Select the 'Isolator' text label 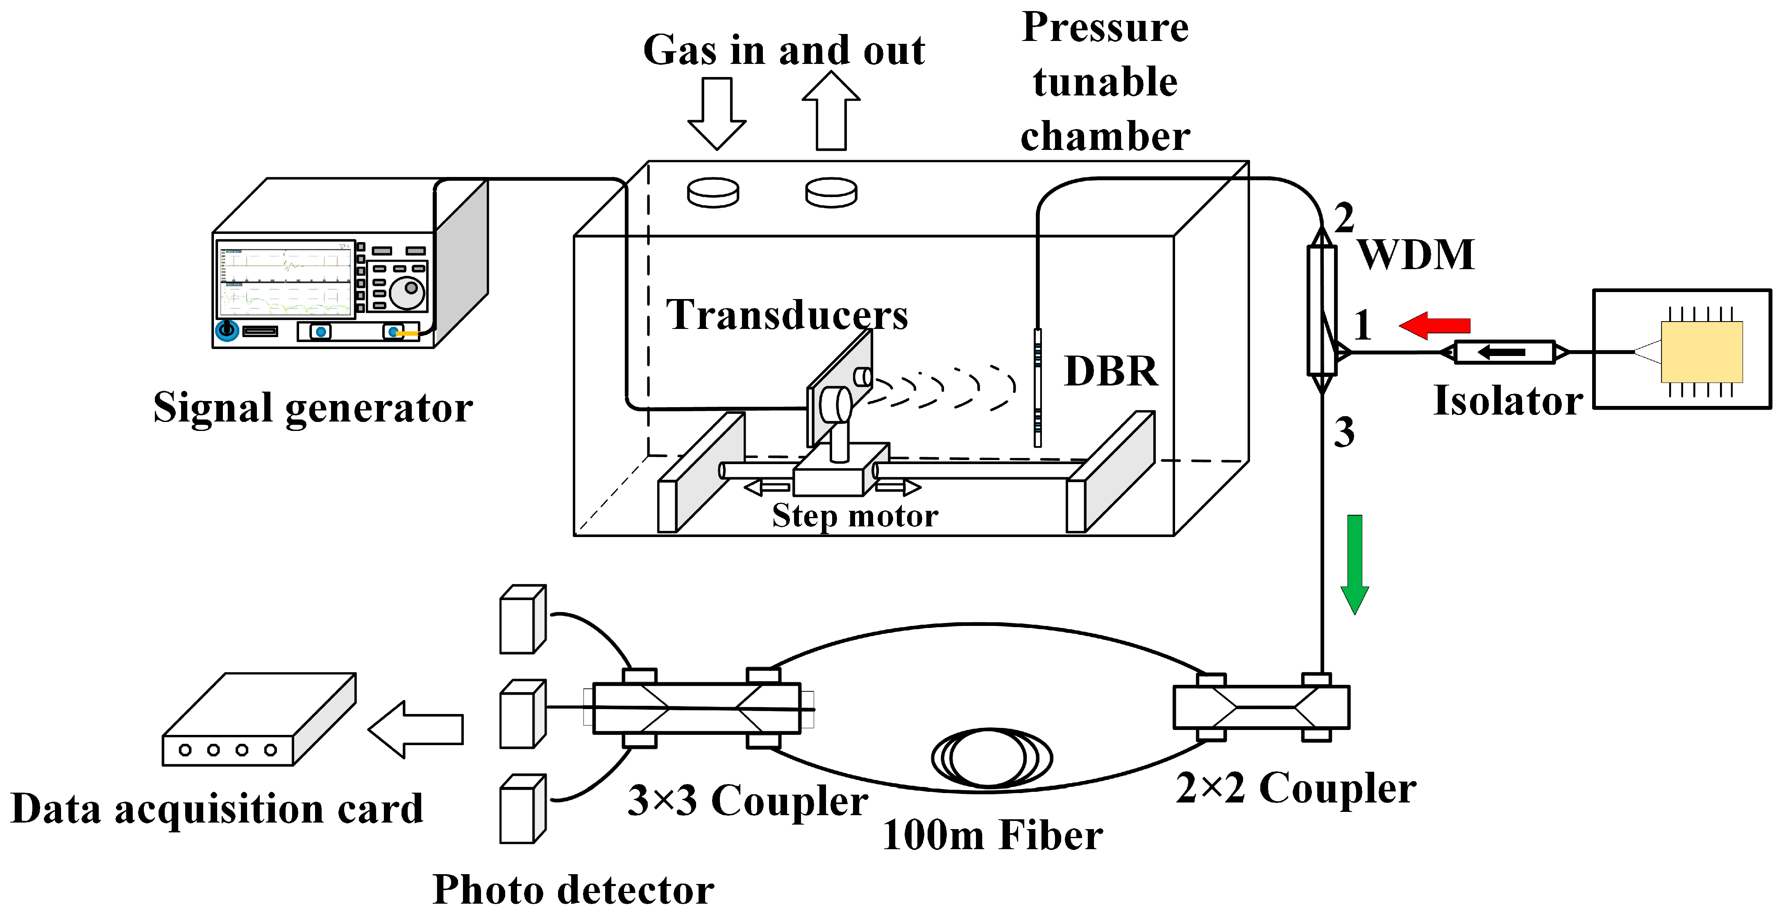pos(1508,401)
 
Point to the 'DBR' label pos(1111,371)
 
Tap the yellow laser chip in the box pos(1701,352)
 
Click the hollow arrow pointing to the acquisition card pos(416,729)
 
